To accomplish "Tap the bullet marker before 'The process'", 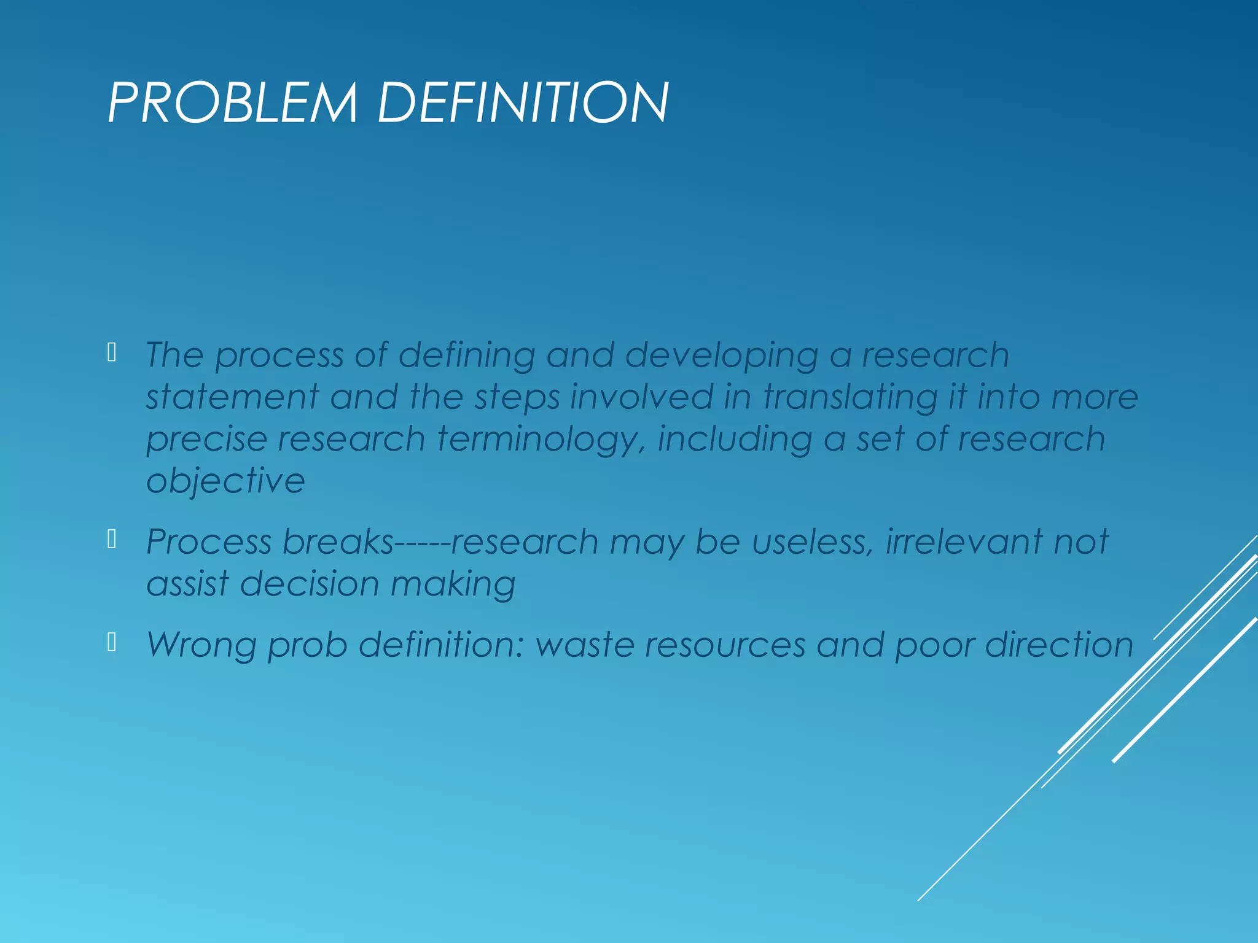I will (112, 352).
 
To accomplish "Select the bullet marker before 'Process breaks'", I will (112, 539).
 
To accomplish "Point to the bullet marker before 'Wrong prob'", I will (112, 642).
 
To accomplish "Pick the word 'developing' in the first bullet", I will (722, 356).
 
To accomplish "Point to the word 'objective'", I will (225, 481).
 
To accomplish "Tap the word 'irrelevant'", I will (964, 542).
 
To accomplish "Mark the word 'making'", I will (453, 584).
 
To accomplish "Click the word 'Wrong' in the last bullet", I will (201, 645).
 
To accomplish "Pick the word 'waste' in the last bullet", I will (585, 645).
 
